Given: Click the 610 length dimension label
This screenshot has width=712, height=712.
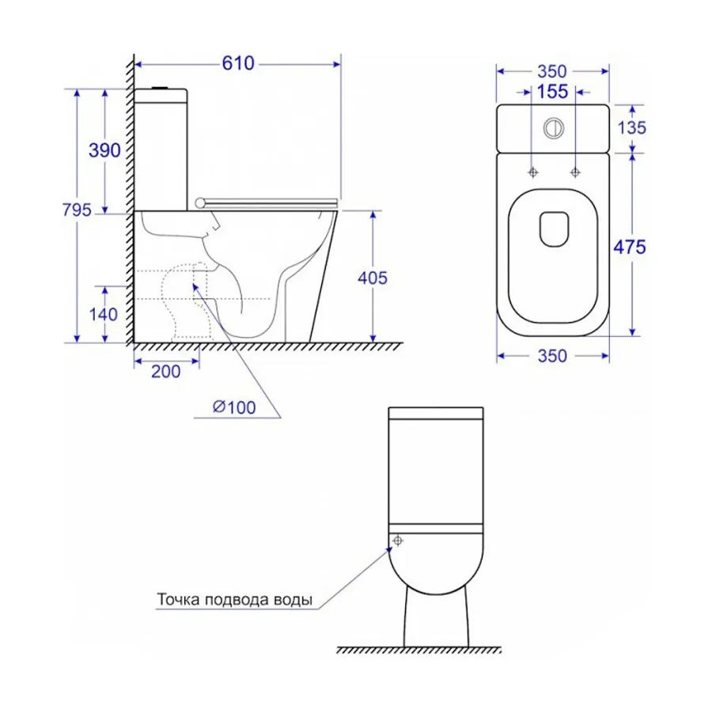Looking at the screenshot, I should (237, 63).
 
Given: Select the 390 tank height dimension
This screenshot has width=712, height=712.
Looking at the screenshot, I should (105, 150).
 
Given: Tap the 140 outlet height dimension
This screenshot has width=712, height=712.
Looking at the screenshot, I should (104, 314).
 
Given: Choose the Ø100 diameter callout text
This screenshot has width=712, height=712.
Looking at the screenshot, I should (234, 407).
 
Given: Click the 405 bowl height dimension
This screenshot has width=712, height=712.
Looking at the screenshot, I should (372, 278).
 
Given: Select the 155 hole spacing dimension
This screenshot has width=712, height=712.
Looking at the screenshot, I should (552, 92).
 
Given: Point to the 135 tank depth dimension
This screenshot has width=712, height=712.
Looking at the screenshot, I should (631, 127).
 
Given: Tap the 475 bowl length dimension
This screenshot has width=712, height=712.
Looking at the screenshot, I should (631, 247).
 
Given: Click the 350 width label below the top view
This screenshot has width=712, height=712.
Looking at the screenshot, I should (552, 356).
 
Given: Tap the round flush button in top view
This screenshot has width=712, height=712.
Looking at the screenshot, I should (554, 126).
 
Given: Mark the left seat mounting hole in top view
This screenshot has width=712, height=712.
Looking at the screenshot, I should (532, 171).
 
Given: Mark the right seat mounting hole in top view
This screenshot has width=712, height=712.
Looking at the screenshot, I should (575, 171).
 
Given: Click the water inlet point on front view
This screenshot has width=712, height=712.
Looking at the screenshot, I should (397, 540).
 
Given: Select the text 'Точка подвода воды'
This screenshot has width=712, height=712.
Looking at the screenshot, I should (234, 600).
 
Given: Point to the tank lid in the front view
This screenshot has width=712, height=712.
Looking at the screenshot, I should (436, 411).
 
